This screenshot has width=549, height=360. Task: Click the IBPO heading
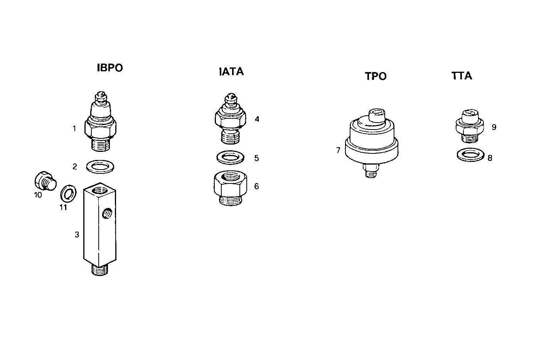[110, 68]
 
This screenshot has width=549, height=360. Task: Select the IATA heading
[231, 72]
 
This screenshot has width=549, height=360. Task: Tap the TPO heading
[376, 76]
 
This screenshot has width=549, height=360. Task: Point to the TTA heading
[461, 76]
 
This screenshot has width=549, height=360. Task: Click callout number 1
[74, 128]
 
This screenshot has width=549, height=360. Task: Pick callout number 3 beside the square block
[77, 234]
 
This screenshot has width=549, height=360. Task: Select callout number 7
[338, 150]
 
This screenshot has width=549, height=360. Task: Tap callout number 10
[38, 195]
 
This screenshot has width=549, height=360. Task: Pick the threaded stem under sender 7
[370, 171]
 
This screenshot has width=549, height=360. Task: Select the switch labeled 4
[229, 118]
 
